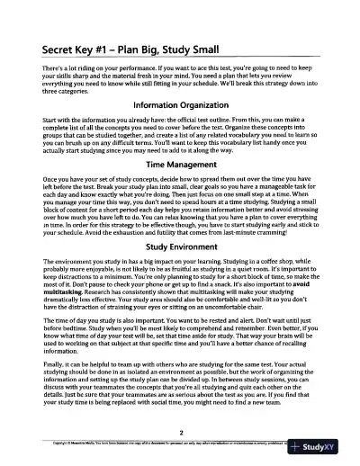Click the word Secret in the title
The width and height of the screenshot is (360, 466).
coord(51,50)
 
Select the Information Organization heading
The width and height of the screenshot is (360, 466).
coord(180,130)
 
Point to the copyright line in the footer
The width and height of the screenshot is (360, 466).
coord(135,444)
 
